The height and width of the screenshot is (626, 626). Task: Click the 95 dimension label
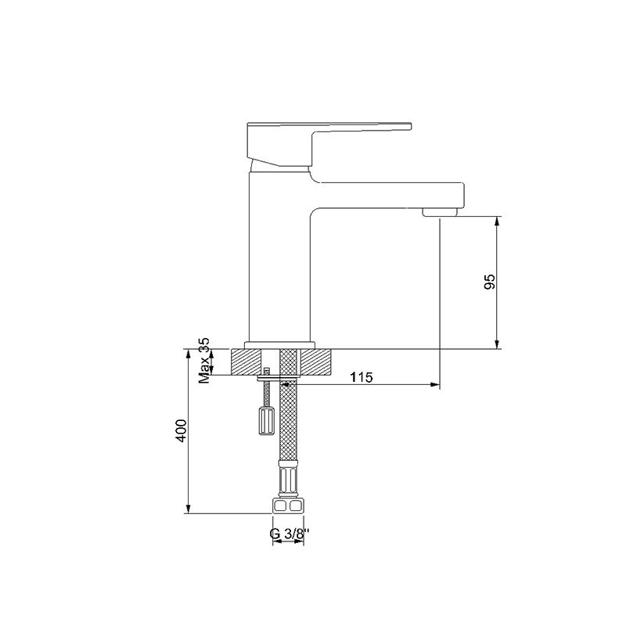[x=490, y=282]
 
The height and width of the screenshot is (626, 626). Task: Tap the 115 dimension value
[x=362, y=377]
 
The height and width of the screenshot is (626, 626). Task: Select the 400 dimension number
[x=182, y=430]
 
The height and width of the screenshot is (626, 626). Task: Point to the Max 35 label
[x=204, y=361]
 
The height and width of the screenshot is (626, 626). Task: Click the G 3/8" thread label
[x=290, y=534]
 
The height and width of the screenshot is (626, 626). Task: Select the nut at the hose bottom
[x=288, y=505]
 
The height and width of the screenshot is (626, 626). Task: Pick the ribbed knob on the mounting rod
[x=266, y=421]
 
